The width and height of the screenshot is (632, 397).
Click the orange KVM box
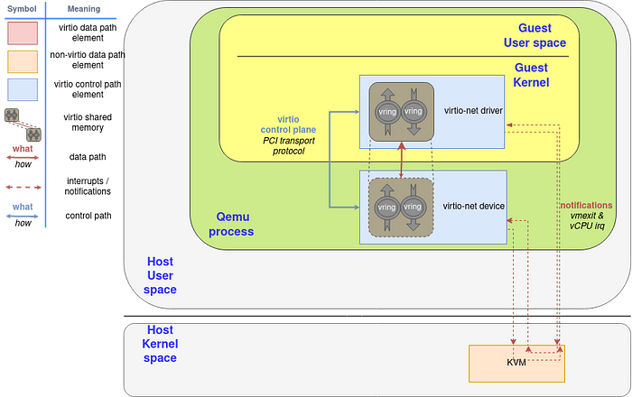coord(516,364)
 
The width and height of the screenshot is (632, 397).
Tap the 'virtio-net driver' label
coord(473,110)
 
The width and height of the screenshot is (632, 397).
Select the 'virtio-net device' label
coord(474,206)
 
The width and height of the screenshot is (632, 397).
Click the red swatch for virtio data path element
coord(23,33)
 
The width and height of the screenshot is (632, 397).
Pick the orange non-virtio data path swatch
coord(23,61)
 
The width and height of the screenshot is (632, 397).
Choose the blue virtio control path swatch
coord(23,89)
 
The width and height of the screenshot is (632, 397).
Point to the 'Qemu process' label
coord(231,225)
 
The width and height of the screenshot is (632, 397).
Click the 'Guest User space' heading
coord(534,35)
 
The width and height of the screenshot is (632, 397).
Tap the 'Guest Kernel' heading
coord(531,75)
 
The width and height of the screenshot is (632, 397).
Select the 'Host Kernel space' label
coord(160,344)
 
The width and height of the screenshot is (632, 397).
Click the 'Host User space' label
coord(160,275)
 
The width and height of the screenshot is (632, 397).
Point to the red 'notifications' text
coord(586,205)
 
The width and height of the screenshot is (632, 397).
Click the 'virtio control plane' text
coord(288,125)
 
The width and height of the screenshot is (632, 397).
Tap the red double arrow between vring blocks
coord(402,160)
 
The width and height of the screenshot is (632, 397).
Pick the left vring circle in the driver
coord(387,112)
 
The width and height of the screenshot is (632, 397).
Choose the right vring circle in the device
coord(413,207)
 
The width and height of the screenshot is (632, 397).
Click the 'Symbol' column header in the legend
coord(22,9)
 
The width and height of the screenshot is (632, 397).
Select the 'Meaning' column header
coord(84,9)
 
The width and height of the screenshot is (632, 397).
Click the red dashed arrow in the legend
coord(23,188)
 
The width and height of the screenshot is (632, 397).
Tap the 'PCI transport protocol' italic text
coord(289,146)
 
